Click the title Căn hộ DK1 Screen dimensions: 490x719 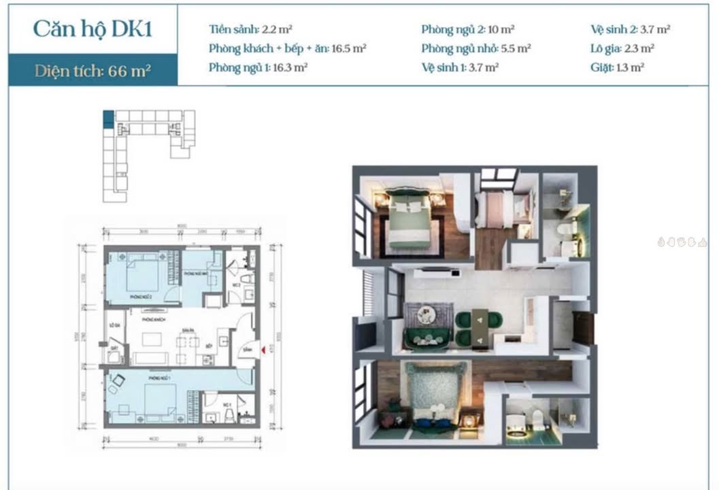[92, 29]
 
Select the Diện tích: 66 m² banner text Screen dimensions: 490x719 [93, 70]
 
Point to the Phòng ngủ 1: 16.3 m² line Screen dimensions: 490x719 [258, 67]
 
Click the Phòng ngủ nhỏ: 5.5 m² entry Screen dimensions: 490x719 [475, 48]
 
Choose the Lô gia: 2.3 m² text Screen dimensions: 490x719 [622, 48]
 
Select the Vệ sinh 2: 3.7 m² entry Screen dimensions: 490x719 [631, 29]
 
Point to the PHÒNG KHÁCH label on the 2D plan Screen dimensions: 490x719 [152, 318]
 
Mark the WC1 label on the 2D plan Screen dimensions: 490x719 [229, 404]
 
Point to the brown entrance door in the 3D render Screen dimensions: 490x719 [583, 327]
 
